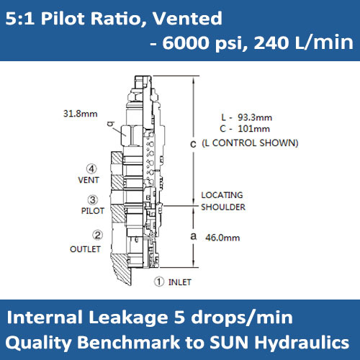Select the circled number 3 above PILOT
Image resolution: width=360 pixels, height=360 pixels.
click(93, 199)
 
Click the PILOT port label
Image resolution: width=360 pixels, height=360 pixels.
click(92, 211)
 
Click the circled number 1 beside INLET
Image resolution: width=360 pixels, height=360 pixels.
click(161, 281)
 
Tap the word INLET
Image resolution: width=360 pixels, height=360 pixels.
click(181, 282)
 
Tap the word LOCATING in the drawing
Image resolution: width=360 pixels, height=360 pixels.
click(222, 195)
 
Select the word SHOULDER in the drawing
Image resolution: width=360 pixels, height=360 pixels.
click(223, 207)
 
